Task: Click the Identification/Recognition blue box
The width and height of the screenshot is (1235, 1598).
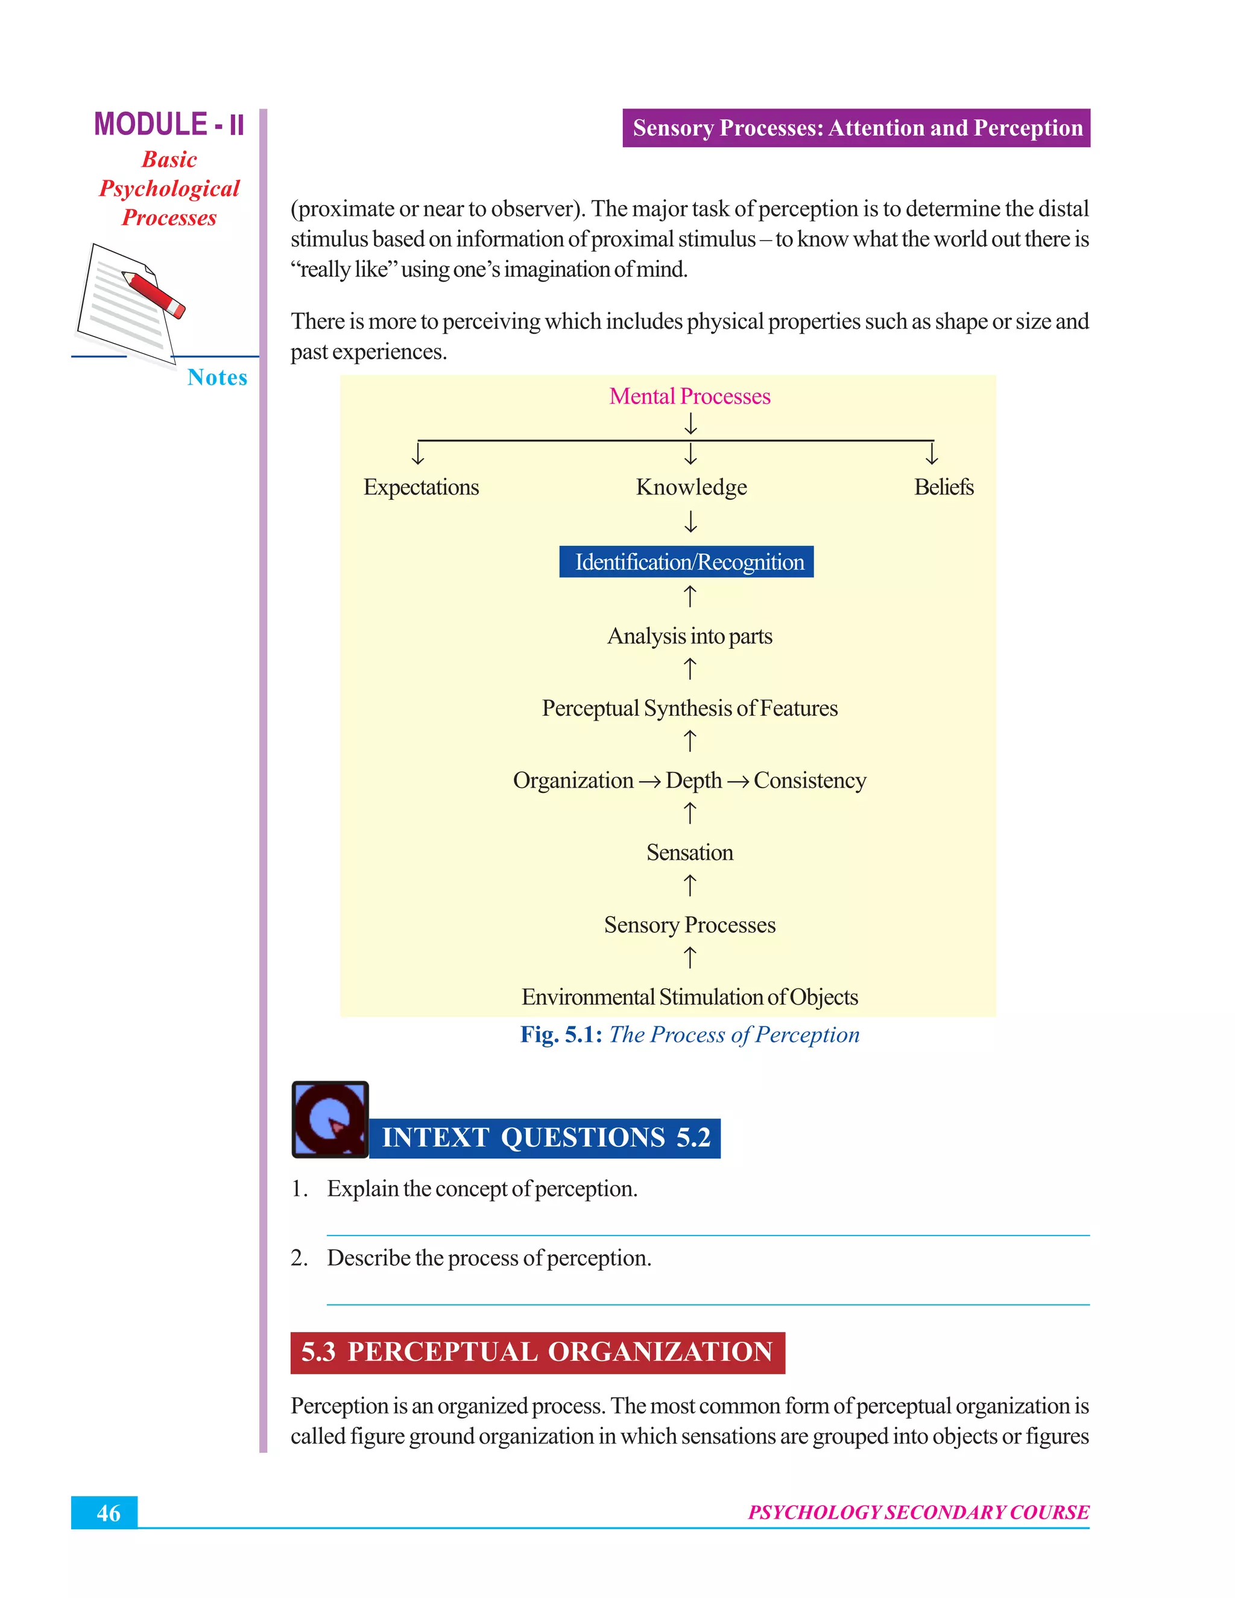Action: tap(686, 561)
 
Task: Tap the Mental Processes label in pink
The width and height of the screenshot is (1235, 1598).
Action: tap(689, 396)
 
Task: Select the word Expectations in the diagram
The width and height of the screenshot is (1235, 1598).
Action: tap(421, 487)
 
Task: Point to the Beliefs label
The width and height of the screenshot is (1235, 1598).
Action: tap(943, 487)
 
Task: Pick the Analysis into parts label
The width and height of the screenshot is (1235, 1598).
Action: tap(689, 636)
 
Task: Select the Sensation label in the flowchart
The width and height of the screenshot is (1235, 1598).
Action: tap(689, 853)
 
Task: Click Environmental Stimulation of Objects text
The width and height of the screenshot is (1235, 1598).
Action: tap(689, 997)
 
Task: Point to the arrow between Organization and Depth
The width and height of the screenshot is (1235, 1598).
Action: tap(649, 782)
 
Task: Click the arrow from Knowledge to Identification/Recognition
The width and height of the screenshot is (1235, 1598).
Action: tap(690, 522)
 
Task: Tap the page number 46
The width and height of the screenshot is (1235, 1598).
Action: tap(109, 1512)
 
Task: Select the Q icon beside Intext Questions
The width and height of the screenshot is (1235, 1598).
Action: tap(330, 1119)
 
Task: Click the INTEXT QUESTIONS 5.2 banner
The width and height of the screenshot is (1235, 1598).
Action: tap(545, 1138)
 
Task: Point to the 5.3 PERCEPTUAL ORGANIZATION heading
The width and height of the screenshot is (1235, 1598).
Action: tap(537, 1352)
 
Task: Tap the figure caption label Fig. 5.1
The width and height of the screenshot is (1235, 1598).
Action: tap(560, 1035)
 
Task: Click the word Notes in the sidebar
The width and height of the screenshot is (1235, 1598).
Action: tap(216, 377)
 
